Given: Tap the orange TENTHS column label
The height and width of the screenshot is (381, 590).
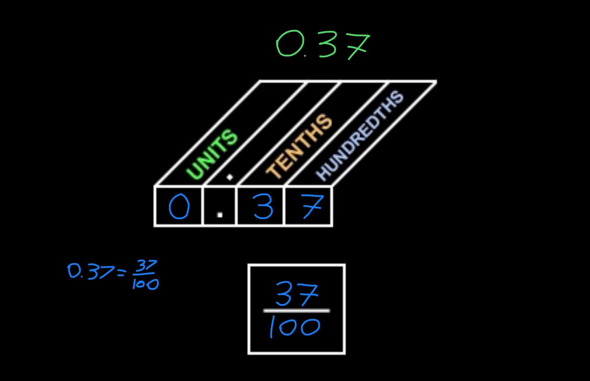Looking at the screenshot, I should coord(299,147).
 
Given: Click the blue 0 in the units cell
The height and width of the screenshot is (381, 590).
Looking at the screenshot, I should coord(179,207).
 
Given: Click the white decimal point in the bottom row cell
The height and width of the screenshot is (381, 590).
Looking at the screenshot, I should coord(220,215).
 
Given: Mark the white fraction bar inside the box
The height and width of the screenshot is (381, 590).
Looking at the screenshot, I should coord(297,311).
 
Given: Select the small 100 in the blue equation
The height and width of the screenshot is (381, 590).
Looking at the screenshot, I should coord(146,283).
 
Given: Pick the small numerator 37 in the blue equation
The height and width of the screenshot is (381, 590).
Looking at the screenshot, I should coord(147,266).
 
